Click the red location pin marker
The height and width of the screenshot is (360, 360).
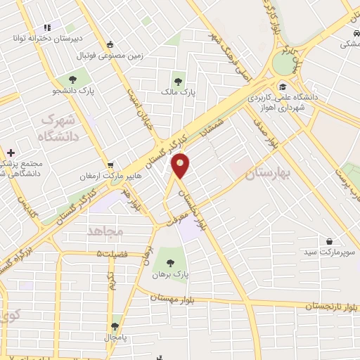(x=181, y=165)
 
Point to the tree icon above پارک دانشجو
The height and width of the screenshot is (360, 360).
(x=72, y=79)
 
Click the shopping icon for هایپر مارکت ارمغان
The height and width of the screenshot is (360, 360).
(x=110, y=166)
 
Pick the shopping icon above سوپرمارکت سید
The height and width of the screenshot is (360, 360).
(x=329, y=240)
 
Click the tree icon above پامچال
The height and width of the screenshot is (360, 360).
(x=115, y=326)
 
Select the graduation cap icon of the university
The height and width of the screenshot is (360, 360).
(x=281, y=86)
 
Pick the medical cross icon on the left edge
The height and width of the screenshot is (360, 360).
(x=10, y=153)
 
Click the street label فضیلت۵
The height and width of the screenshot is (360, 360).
(x=112, y=252)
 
